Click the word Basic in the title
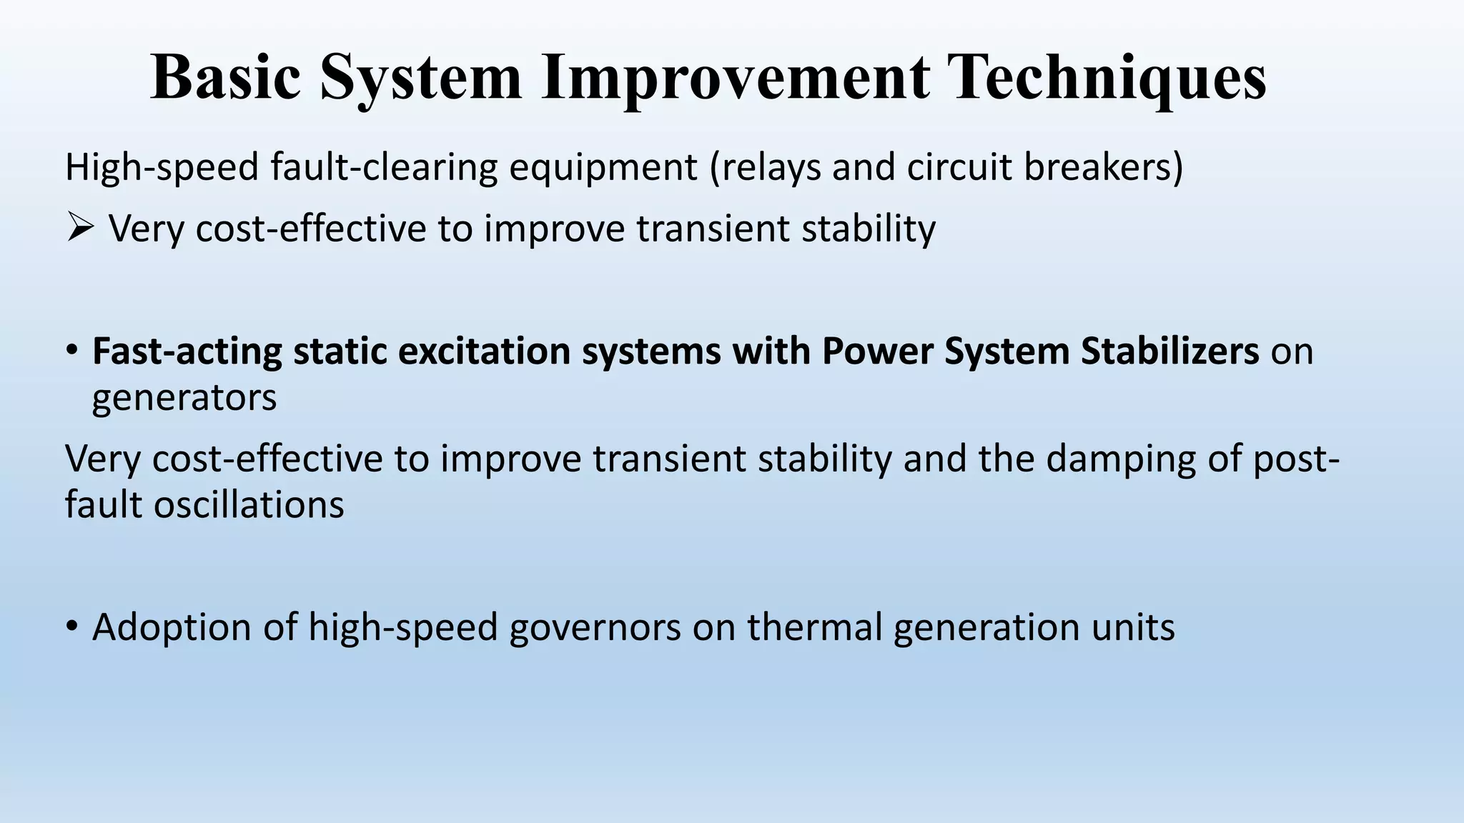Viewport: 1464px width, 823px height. click(225, 77)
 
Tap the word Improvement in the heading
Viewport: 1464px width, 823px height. click(736, 77)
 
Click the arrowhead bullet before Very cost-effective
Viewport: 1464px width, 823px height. click(79, 229)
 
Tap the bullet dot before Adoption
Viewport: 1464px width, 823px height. click(71, 627)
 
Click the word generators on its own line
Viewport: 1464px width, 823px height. click(184, 398)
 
